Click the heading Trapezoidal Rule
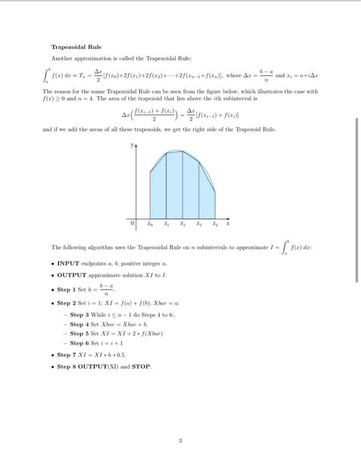coord(76,47)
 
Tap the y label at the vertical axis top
coord(132,143)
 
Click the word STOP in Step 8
coord(142,366)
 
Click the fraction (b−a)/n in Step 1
coord(103,291)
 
